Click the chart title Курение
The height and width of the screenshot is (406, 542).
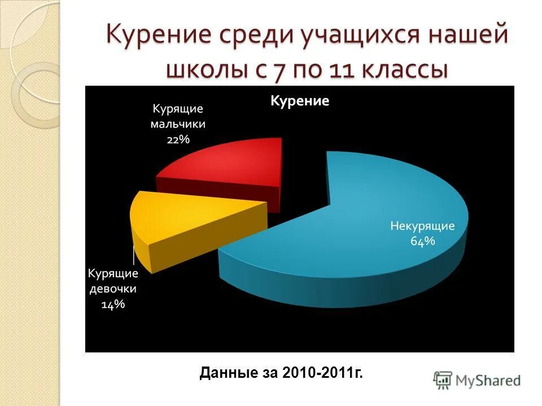(x=300, y=101)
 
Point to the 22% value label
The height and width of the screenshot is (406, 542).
(x=178, y=139)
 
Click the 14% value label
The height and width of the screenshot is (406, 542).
(x=113, y=304)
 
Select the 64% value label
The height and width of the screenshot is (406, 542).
(x=423, y=241)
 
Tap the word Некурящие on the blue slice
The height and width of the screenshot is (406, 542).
(x=423, y=226)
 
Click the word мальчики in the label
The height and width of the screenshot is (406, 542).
(x=178, y=124)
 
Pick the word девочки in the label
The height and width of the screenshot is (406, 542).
(x=113, y=289)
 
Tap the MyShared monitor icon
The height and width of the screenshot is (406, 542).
(x=443, y=379)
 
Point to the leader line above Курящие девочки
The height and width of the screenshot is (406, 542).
(x=134, y=255)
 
